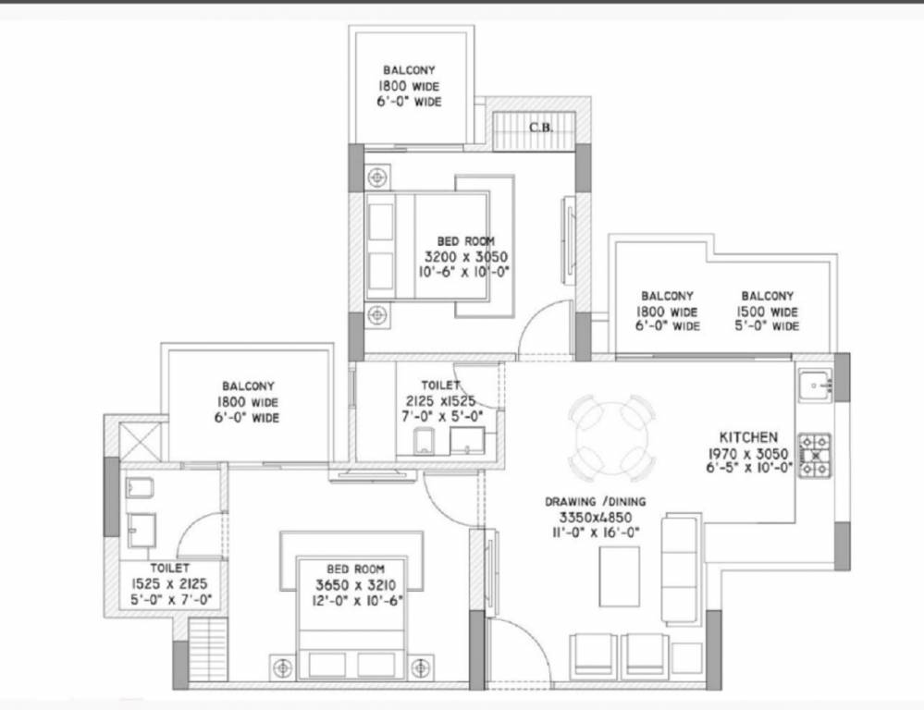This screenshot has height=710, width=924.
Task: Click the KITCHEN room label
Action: coord(748,437)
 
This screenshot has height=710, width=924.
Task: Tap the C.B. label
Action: coord(540,128)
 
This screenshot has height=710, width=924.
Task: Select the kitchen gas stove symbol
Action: coord(815,455)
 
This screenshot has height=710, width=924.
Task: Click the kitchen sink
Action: coord(816,386)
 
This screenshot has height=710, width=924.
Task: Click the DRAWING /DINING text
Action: coord(595,502)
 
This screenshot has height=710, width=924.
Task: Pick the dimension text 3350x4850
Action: coord(595,518)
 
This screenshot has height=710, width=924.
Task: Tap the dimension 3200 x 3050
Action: coord(465,257)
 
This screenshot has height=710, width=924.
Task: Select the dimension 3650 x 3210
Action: coord(355,585)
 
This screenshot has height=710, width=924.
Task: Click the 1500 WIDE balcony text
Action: coord(768,312)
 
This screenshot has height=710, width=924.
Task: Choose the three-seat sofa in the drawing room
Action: coord(682,569)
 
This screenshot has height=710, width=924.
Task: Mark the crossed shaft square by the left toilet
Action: coord(140,442)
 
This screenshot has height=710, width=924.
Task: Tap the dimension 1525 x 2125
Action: coord(169,584)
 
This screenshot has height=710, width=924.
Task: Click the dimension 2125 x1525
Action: coord(440,401)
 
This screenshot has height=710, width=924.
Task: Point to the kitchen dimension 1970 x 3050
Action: coord(748,454)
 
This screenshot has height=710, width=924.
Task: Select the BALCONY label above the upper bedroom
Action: coord(409,70)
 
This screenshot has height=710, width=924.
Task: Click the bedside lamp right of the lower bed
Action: coord(420,667)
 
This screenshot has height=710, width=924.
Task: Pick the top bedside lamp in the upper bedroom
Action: coord(377,177)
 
